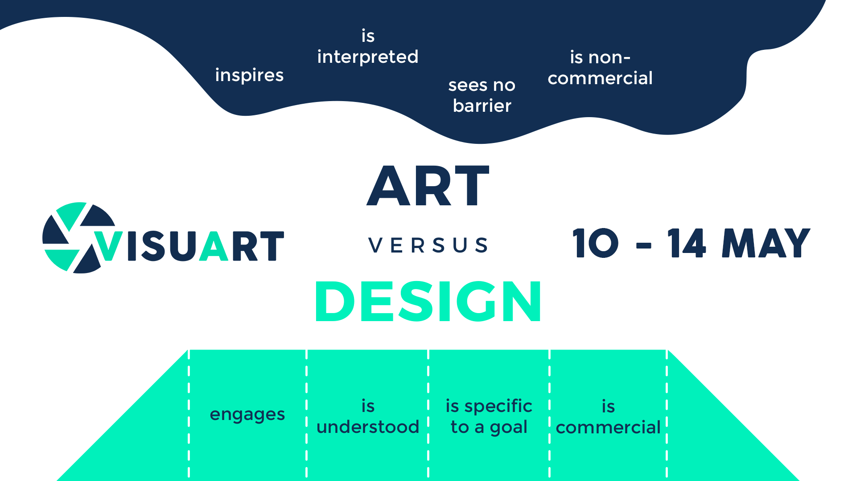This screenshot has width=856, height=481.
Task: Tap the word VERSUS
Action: click(428, 245)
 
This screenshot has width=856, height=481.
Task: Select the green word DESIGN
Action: click(428, 302)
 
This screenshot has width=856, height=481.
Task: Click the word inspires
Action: click(249, 75)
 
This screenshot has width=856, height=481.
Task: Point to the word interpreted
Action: click(368, 57)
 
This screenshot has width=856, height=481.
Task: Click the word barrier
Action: click(482, 106)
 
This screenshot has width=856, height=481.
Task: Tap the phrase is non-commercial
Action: click(600, 67)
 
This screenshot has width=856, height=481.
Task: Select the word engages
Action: click(247, 415)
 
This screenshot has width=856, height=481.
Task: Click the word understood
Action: click(368, 427)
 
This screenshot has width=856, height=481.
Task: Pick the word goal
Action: click(509, 428)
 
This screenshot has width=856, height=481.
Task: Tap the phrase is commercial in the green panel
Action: click(608, 417)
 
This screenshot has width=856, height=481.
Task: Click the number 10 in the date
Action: click(596, 243)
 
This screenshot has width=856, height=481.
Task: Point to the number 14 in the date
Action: click(687, 243)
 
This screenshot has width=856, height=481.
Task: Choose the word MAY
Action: click(766, 243)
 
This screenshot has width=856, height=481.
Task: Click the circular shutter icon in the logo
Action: click(79, 237)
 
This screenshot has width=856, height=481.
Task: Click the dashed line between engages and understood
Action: click(307, 415)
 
